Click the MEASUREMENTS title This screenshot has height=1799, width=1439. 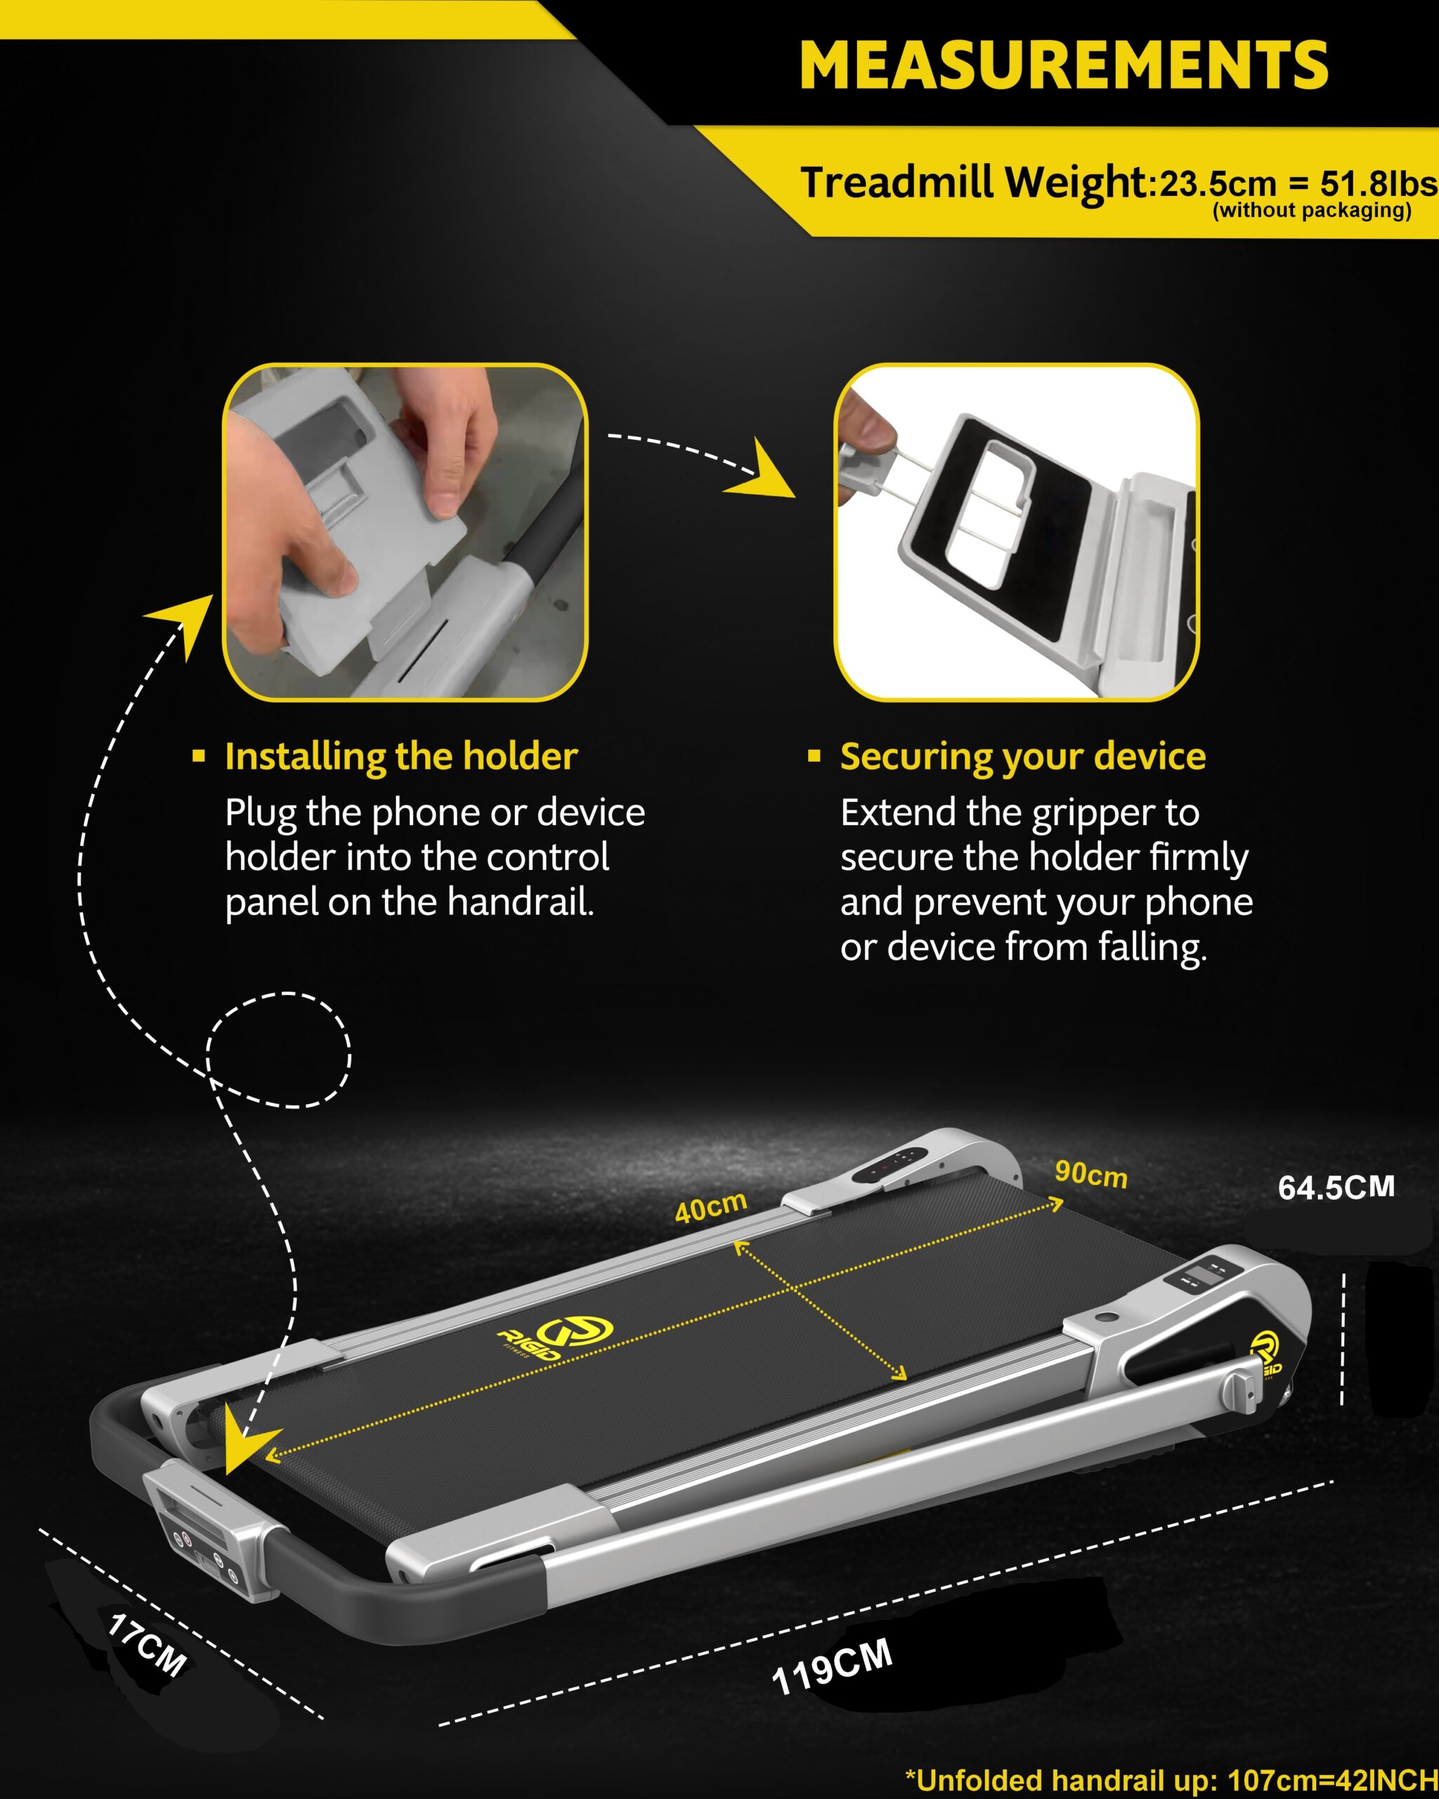(1064, 65)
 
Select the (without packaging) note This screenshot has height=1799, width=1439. (1311, 210)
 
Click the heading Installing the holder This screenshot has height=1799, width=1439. (401, 756)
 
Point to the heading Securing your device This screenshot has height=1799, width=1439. (1023, 756)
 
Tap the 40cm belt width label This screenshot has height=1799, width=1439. (711, 1207)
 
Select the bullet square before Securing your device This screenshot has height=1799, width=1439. (814, 756)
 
